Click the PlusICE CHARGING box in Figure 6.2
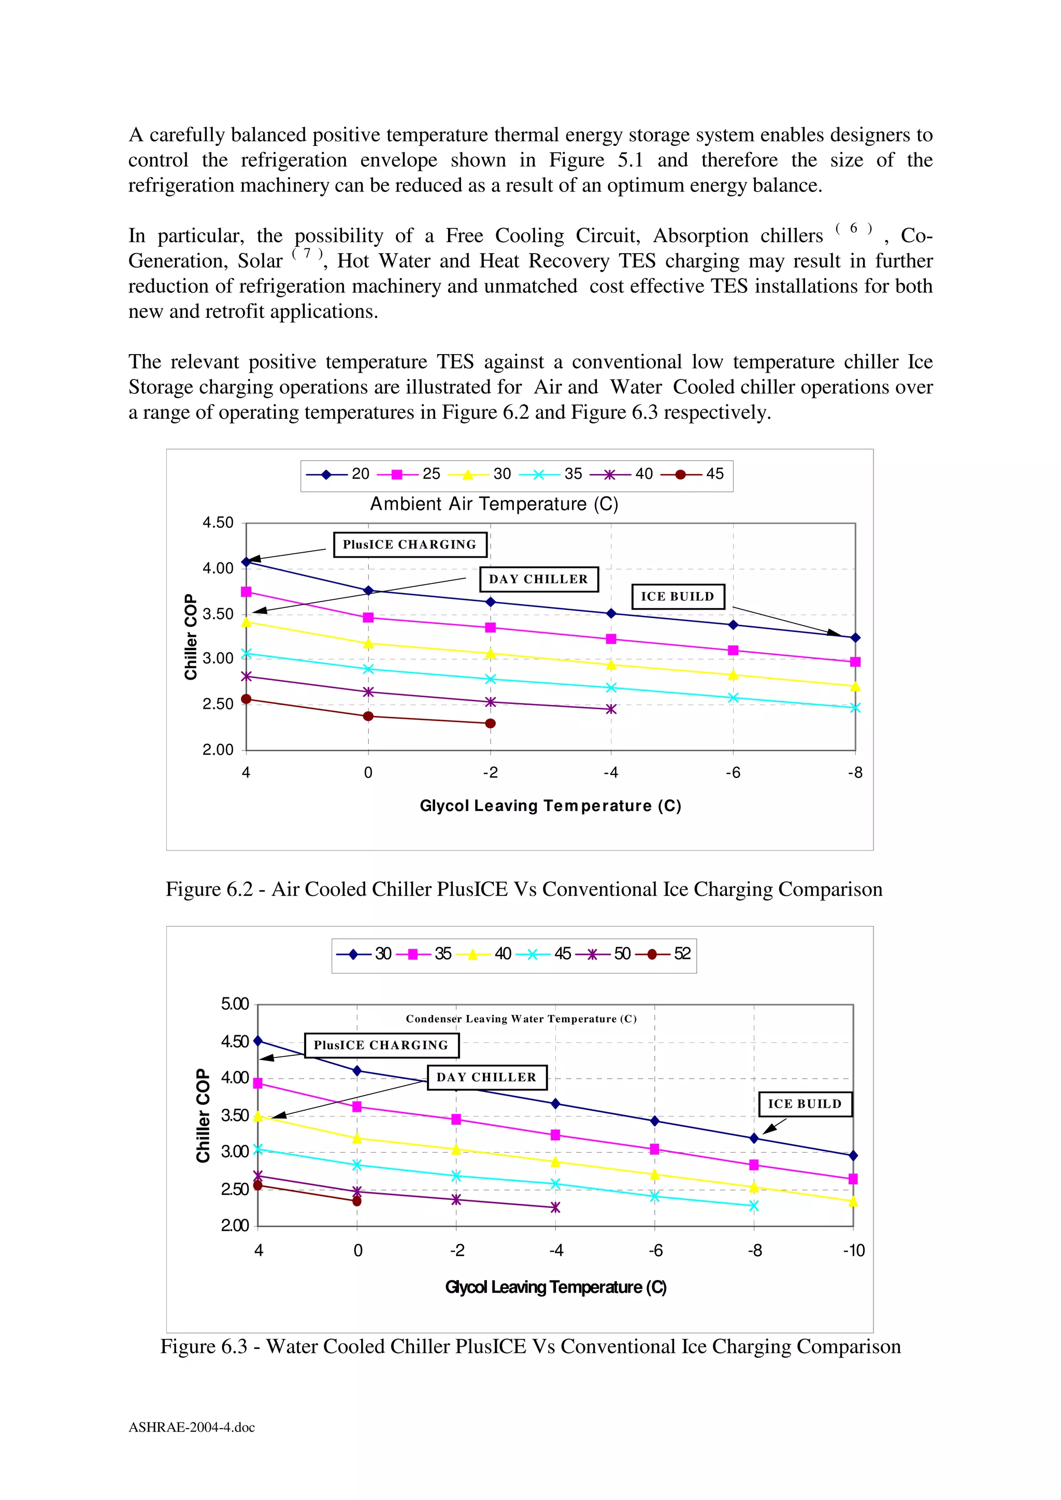tap(410, 544)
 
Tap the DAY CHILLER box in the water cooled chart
tap(486, 1077)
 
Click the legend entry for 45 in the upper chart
tap(697, 474)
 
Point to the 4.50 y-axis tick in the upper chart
tap(218, 523)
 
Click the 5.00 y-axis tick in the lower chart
tap(235, 1004)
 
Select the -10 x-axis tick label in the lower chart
tap(853, 1251)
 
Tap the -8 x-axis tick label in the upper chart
tap(854, 773)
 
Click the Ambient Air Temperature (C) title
tap(494, 504)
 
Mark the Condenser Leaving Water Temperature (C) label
tap(521, 1019)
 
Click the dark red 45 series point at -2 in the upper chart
tap(490, 723)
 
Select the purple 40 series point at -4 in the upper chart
tap(611, 709)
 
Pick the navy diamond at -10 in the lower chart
tap(853, 1156)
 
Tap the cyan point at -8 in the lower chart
tap(754, 1206)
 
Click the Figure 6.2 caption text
tap(524, 889)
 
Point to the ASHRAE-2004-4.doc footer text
tap(192, 1428)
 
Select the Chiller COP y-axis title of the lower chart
tap(203, 1116)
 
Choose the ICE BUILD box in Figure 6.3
tap(805, 1104)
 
